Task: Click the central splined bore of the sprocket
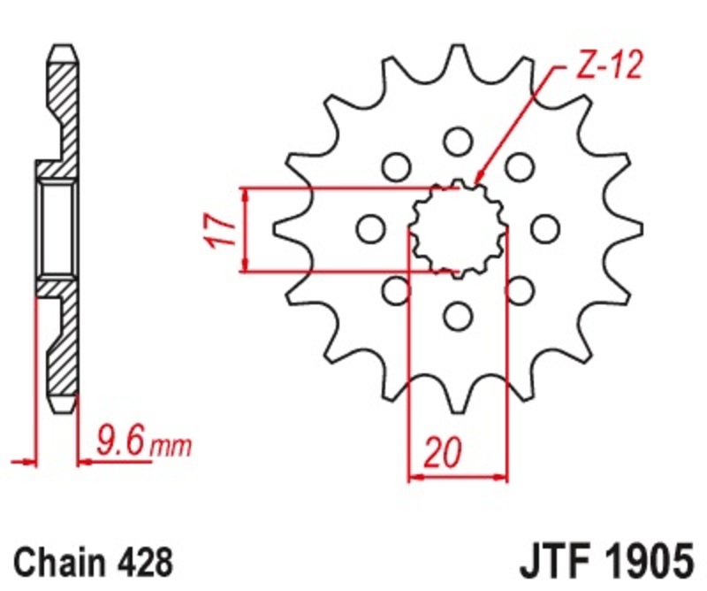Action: point(457,229)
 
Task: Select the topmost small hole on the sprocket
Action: point(457,141)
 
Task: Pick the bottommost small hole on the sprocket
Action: point(457,316)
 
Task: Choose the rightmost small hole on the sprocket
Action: point(545,229)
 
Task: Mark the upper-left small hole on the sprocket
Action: point(395,166)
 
